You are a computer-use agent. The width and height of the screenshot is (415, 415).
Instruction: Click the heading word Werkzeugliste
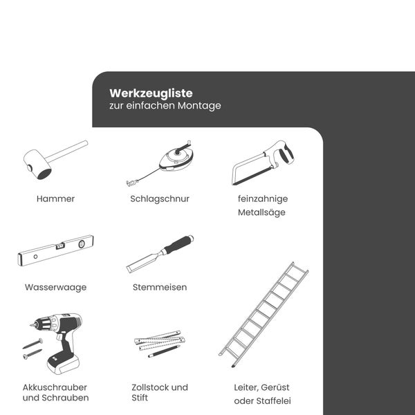pos(151,93)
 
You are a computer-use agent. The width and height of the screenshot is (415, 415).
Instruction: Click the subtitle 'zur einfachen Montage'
pos(165,107)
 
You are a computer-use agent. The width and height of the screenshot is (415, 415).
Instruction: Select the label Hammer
pos(55,199)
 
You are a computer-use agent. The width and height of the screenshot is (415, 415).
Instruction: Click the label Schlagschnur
pos(160,199)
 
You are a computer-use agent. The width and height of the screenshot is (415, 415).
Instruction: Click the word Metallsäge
pos(261,212)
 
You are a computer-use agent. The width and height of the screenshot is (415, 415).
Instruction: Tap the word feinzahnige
pos(262,199)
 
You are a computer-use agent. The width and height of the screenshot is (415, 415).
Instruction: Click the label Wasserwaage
pos(55,287)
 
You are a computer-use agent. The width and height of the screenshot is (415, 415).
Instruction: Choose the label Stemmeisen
pos(160,287)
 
